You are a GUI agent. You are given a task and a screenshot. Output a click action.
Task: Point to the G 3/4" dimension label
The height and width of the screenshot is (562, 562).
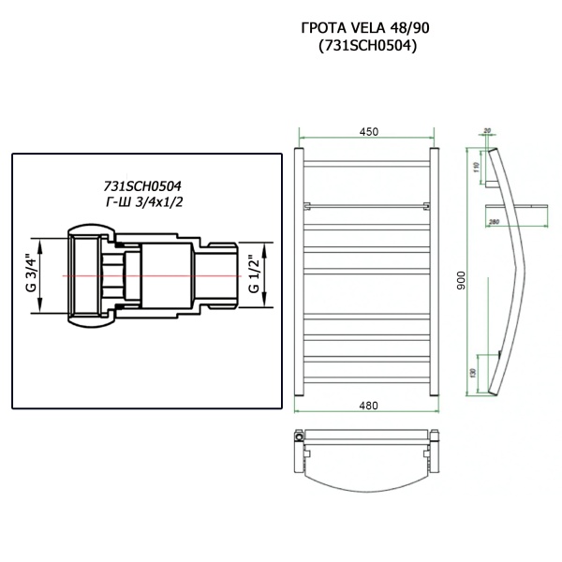click(29, 275)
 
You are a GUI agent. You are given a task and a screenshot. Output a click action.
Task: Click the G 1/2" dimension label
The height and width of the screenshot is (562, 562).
click(254, 275)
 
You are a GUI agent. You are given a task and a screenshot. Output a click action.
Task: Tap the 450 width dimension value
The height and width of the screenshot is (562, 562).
click(367, 132)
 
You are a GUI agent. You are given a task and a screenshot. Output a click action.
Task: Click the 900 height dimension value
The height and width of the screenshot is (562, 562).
click(460, 280)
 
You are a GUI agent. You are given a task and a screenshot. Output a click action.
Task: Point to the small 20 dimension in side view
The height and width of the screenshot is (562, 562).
click(487, 132)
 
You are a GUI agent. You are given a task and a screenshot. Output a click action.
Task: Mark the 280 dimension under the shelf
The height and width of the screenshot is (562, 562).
click(494, 222)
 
